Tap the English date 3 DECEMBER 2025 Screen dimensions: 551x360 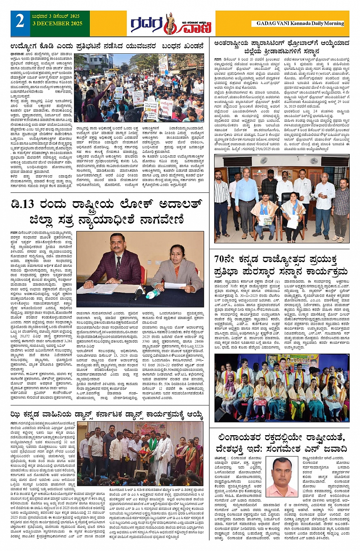(57, 24)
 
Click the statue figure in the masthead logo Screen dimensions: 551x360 (170, 23)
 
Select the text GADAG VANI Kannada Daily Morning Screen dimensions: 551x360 (300, 23)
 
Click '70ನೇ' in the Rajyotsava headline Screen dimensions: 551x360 (225, 259)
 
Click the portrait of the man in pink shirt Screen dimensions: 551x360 (281, 476)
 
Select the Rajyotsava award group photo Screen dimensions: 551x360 (282, 387)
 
